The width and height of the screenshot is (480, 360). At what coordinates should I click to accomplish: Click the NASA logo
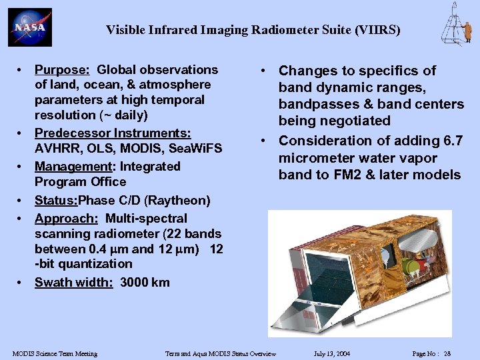pyautogui.click(x=29, y=27)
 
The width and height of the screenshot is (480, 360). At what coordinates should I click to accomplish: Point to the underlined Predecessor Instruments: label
pyautogui.click(x=113, y=133)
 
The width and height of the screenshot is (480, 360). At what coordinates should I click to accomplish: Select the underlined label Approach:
pyautogui.click(x=66, y=218)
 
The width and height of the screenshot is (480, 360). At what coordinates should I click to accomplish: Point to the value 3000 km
pyautogui.click(x=145, y=282)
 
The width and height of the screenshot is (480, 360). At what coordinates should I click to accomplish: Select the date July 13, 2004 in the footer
pyautogui.click(x=331, y=353)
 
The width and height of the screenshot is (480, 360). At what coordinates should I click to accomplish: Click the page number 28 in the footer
pyautogui.click(x=447, y=353)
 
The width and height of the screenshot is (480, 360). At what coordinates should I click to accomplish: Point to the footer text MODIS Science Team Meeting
pyautogui.click(x=55, y=353)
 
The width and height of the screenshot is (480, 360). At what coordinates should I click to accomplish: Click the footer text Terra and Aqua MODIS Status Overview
pyautogui.click(x=221, y=353)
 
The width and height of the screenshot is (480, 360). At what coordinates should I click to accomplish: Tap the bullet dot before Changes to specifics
pyautogui.click(x=265, y=71)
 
